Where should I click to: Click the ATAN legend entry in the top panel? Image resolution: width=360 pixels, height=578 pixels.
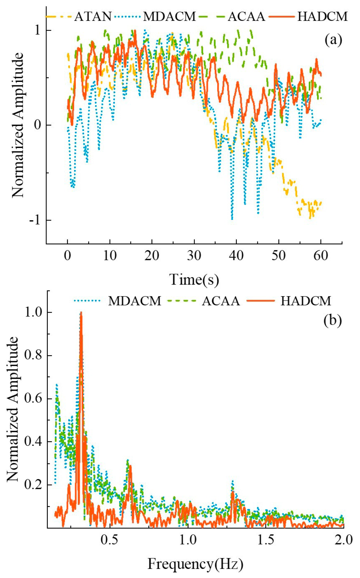92,16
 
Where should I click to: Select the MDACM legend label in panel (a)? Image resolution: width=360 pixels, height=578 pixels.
169,16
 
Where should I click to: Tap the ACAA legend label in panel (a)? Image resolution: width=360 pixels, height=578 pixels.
246,16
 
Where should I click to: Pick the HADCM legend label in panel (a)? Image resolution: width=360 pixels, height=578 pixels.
323,16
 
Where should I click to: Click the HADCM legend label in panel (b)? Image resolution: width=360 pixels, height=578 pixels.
306,301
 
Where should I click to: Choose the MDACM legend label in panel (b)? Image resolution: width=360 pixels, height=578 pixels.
135,301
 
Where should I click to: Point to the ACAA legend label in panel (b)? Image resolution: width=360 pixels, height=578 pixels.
221,301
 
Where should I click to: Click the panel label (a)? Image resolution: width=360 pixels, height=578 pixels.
333,40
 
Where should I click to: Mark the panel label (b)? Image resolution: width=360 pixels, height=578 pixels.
332,320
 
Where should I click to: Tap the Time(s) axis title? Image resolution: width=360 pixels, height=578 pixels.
194,279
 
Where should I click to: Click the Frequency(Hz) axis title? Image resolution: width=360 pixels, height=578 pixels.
195,564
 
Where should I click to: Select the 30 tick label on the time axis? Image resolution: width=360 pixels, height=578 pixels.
194,256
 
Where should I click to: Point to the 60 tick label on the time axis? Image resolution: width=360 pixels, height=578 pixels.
321,256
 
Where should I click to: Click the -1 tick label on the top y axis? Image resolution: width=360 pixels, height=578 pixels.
34,220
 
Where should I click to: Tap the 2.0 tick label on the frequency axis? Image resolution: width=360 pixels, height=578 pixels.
344,540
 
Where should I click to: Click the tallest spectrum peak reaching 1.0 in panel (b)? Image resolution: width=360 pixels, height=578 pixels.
81,313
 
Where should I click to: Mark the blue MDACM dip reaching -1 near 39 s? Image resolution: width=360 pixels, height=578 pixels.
232,218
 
